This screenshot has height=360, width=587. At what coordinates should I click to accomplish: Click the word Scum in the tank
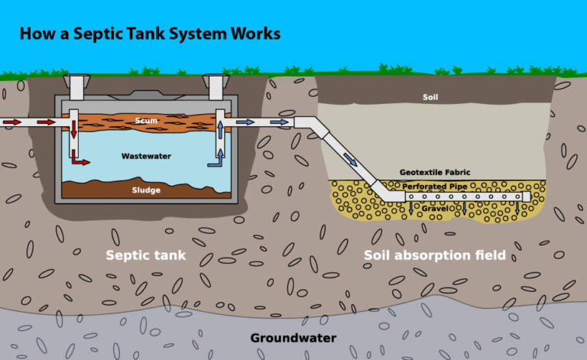tap(145, 121)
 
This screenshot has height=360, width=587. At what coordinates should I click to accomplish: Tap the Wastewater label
tap(145, 156)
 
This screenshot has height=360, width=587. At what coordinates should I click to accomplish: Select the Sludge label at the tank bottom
tap(145, 190)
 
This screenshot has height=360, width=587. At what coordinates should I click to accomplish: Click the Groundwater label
tap(293, 337)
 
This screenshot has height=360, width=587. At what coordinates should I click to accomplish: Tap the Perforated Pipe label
tap(435, 186)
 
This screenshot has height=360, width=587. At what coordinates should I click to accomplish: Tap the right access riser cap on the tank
tap(216, 79)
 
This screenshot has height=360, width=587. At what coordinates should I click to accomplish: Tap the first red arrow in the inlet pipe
tap(13, 122)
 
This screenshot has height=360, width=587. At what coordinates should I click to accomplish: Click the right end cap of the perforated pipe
tap(527, 196)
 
